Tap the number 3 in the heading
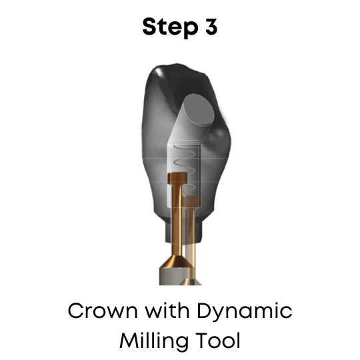(210, 27)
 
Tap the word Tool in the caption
(216, 341)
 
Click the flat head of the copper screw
(177, 179)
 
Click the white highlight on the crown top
(161, 71)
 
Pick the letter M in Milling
(128, 341)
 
